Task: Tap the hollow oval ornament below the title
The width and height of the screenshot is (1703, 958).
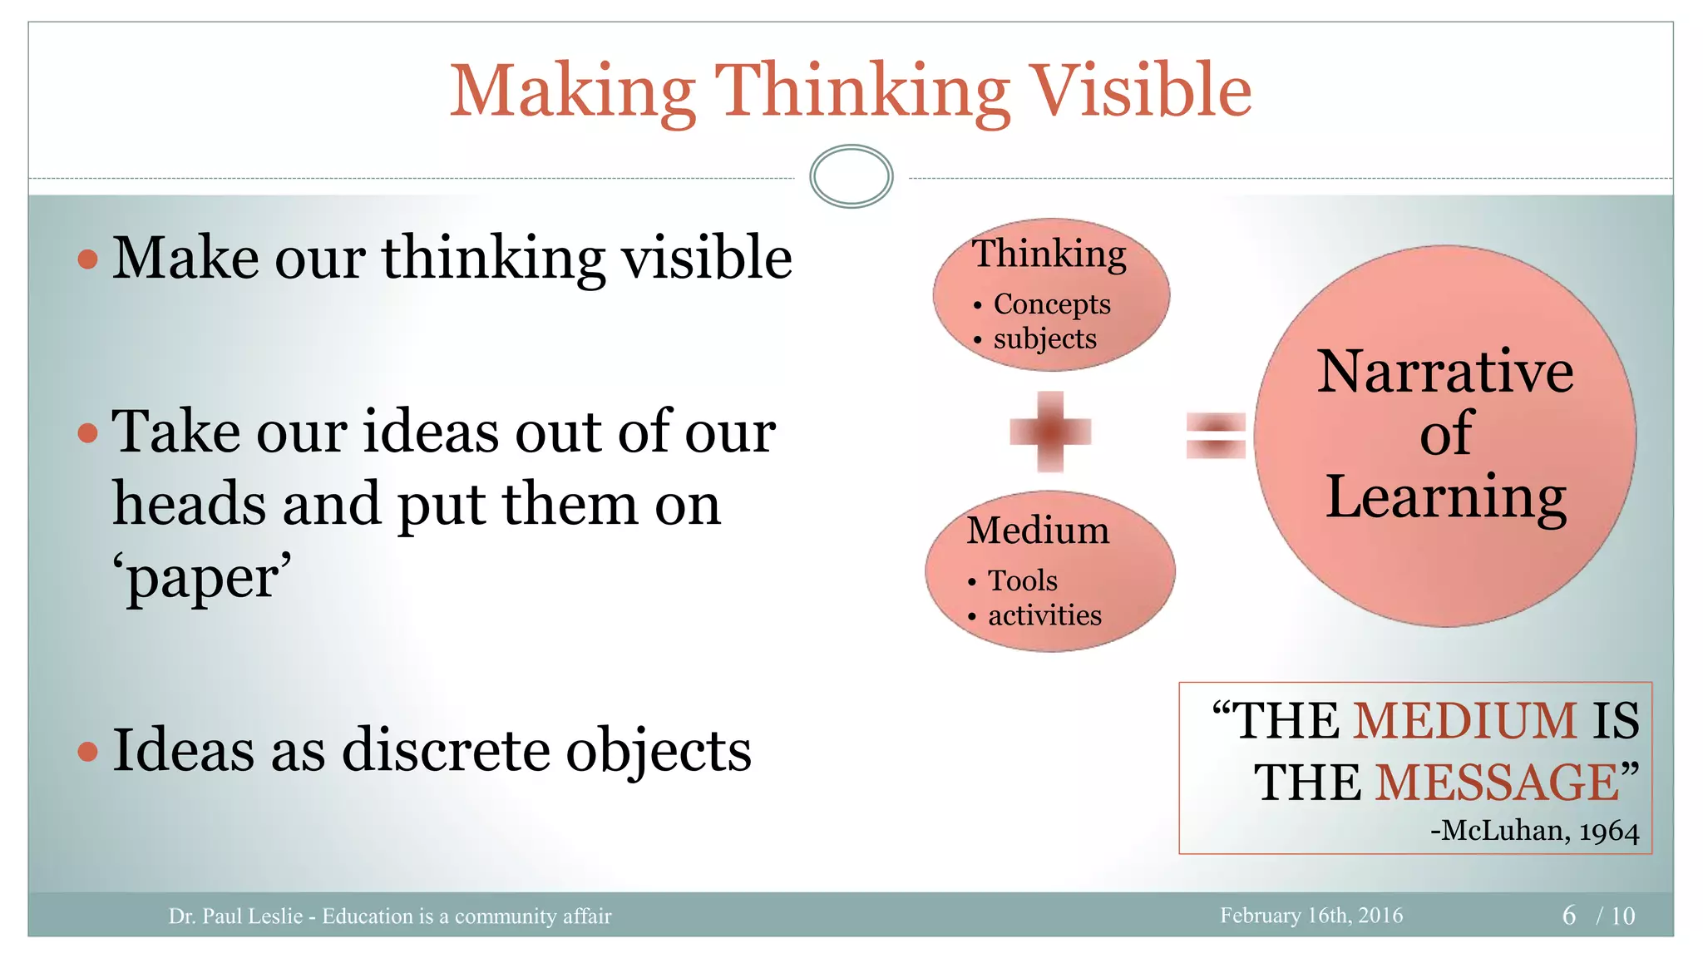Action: (x=851, y=176)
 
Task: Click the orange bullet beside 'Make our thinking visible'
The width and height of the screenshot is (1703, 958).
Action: (x=87, y=259)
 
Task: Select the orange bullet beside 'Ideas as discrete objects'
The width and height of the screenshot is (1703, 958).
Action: (x=87, y=752)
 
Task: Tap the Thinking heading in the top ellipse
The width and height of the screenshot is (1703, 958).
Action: (x=1049, y=254)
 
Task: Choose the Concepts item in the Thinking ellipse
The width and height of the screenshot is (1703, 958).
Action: (x=1052, y=304)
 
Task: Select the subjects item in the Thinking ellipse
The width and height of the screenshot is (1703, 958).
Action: (x=1044, y=339)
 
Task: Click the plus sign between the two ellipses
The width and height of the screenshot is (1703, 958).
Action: (x=1050, y=432)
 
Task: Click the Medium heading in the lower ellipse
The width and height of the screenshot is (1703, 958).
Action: (x=1038, y=531)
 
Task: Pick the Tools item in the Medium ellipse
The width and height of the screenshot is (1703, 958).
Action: (x=1022, y=580)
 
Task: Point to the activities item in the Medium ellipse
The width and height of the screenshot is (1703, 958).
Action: (x=1044, y=615)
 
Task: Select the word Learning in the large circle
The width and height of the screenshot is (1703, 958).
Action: (x=1445, y=496)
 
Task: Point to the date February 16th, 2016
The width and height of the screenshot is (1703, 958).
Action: (x=1311, y=916)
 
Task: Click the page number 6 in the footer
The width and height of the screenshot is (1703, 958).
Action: (x=1569, y=916)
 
